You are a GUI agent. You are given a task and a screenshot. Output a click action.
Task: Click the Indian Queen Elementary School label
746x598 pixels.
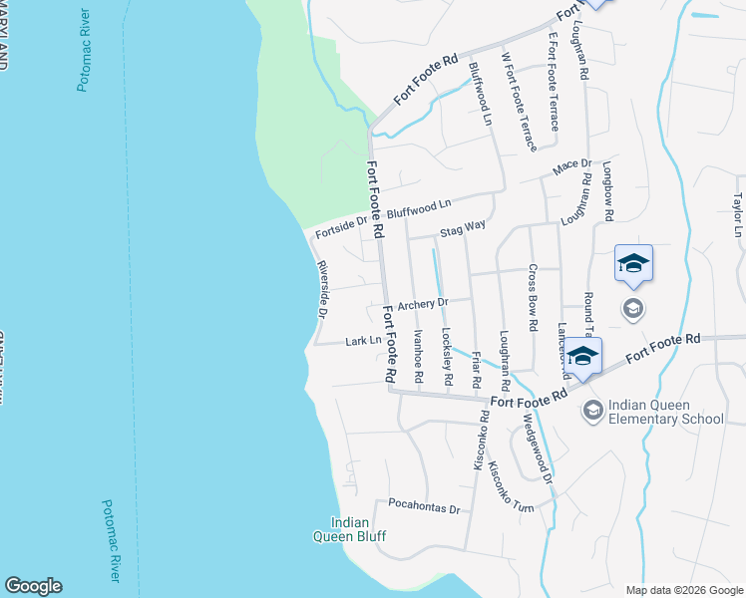[x=666, y=411]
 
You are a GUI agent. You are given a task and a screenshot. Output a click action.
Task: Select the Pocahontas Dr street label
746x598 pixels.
[x=424, y=507]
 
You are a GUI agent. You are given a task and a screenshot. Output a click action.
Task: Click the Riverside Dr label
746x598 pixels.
[x=322, y=290]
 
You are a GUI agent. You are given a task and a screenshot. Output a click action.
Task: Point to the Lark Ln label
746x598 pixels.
[x=363, y=341]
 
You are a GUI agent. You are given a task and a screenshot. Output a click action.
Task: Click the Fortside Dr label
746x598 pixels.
[x=337, y=229]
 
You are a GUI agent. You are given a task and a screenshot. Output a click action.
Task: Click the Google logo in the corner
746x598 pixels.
[x=33, y=586]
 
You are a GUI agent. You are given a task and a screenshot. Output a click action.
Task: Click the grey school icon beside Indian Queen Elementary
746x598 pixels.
[x=592, y=411]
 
